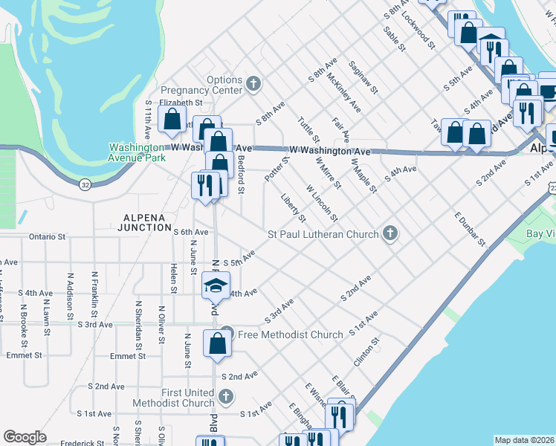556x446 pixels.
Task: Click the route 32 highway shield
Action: [85, 184]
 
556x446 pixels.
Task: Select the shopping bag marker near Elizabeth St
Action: [172, 119]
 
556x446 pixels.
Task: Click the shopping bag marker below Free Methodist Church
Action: [217, 344]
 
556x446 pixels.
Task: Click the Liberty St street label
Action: [294, 207]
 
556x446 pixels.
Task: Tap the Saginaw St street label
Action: [365, 77]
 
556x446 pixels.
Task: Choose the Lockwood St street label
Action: [416, 31]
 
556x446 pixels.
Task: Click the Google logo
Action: [25, 437]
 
